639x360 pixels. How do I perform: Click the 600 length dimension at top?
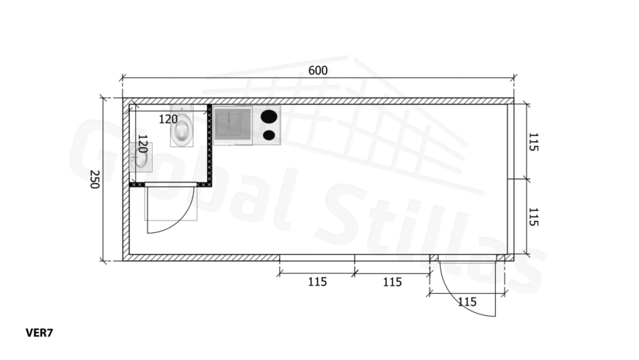pyautogui.click(x=318, y=71)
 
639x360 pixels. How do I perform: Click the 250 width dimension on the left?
pyautogui.click(x=95, y=179)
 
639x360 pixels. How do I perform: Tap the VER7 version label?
pyautogui.click(x=39, y=333)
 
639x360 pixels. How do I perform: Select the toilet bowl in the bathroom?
pyautogui.click(x=181, y=130)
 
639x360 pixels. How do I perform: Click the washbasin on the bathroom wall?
pyautogui.click(x=140, y=157)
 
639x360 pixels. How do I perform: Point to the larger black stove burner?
pyautogui.click(x=269, y=117)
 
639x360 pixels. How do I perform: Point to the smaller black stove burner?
pyautogui.click(x=269, y=135)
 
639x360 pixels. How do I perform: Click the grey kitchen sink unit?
pyautogui.click(x=233, y=125)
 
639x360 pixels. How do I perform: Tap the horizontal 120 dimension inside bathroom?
pyautogui.click(x=168, y=120)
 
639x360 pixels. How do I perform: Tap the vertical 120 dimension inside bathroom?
pyautogui.click(x=142, y=144)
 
